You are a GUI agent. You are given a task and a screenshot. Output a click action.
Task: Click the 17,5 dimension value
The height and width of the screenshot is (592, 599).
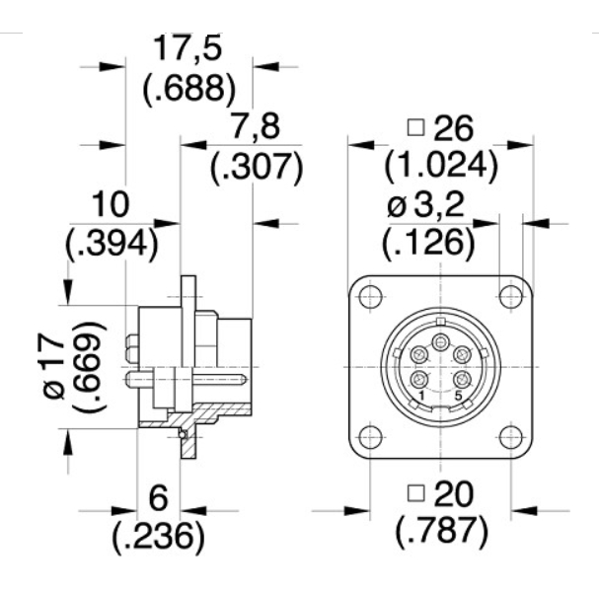187,48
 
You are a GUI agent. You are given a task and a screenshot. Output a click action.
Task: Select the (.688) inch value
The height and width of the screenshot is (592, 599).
189,89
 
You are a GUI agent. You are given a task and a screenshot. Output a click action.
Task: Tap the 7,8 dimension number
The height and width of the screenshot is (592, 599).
256,125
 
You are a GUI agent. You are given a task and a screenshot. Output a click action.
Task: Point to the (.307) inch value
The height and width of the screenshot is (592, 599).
258,169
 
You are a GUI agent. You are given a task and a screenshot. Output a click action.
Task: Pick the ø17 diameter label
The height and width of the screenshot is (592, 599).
53,365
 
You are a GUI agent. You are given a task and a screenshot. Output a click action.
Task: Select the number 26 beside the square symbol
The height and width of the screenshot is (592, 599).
454,128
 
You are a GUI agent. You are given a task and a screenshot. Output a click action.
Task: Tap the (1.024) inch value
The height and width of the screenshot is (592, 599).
442,167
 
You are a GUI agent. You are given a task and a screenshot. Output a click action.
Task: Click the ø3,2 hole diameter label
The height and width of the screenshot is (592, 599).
425,205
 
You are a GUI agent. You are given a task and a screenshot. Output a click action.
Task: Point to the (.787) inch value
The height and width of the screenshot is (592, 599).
442,531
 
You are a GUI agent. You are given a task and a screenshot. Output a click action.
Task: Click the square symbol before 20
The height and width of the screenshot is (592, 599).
416,492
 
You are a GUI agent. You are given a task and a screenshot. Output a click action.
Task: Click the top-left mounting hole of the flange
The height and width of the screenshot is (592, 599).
370,296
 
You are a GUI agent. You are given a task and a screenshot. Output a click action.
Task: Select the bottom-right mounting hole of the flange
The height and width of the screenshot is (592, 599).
511,437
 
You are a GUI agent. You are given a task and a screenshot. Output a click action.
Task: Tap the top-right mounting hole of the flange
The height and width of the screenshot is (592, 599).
511,296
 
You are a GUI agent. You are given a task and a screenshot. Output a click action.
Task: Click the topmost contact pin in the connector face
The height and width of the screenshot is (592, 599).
441,341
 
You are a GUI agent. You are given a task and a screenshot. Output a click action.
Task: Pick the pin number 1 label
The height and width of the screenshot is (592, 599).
421,396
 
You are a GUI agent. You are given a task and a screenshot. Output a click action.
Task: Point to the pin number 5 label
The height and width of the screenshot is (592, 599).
459,396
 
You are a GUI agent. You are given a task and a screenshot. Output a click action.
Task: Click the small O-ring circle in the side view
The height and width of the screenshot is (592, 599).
183,435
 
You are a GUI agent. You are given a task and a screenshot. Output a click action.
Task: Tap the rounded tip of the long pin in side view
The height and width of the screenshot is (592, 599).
244,379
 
